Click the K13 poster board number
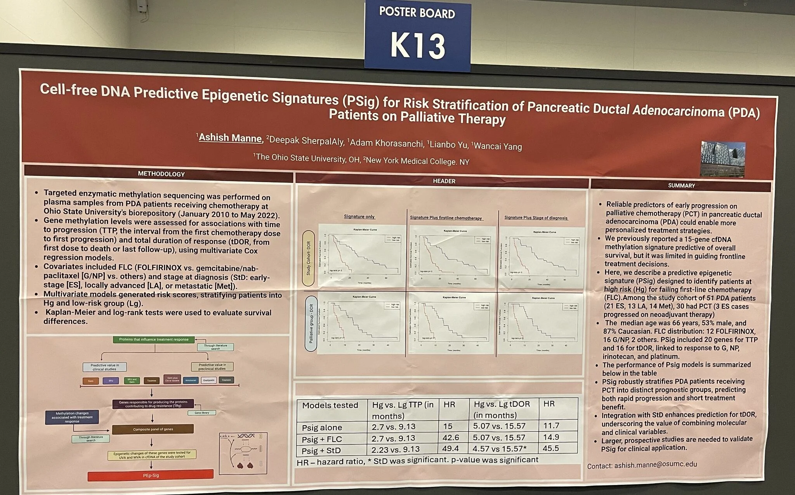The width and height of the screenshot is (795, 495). [x=417, y=45]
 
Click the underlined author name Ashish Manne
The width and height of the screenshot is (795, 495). [x=230, y=138]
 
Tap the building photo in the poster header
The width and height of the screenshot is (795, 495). [x=722, y=159]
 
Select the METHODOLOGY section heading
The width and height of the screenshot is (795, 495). [x=161, y=174]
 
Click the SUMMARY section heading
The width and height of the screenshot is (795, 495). [x=681, y=186]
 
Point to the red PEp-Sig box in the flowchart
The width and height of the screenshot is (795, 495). [x=151, y=475]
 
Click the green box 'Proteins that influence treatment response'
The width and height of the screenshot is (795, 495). [x=154, y=339]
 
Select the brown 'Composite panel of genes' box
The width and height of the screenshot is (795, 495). [x=153, y=429]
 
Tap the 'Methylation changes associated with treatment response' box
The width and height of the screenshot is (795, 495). [x=72, y=417]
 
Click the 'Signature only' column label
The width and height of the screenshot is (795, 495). [x=359, y=217]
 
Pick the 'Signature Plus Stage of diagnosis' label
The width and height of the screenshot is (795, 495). [x=536, y=218]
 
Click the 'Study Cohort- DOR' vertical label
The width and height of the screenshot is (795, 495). [x=309, y=258]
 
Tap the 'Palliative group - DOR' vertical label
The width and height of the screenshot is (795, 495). [x=311, y=323]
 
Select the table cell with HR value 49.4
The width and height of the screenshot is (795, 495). [x=450, y=448]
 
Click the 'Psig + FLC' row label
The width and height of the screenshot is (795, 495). [x=322, y=439]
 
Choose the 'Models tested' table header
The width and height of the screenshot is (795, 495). [x=330, y=405]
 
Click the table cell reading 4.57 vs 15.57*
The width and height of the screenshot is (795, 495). [x=499, y=448]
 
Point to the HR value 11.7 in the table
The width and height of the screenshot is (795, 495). [x=551, y=426]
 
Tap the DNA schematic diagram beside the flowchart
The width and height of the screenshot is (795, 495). [x=243, y=453]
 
